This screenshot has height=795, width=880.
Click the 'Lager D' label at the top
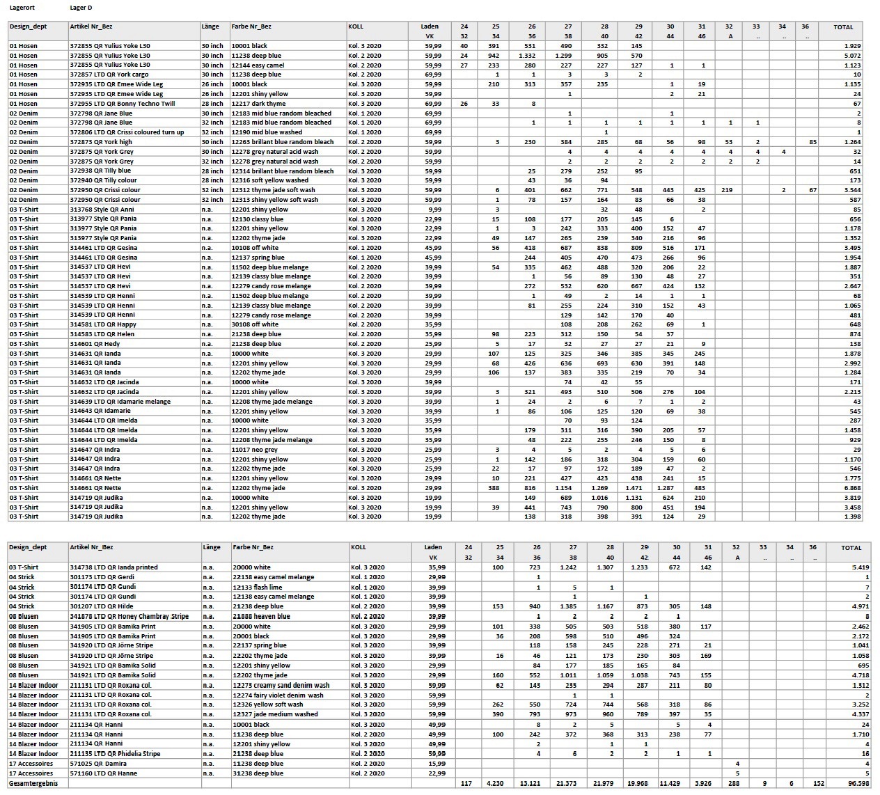[x=81, y=8]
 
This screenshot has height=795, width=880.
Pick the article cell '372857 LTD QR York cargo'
[x=109, y=74]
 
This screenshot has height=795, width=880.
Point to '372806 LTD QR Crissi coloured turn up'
[x=127, y=132]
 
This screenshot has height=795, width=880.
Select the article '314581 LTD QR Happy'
[x=103, y=324]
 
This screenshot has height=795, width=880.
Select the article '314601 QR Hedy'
[x=95, y=344]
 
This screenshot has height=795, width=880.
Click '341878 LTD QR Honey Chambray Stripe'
[x=129, y=616]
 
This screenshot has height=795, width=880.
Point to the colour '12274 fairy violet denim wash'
[x=278, y=695]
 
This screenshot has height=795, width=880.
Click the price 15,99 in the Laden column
[x=437, y=764]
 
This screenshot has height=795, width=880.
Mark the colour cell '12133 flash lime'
[x=258, y=587]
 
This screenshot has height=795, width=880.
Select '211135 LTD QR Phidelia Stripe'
[x=115, y=754]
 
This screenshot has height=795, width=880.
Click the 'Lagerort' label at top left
[x=23, y=8]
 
